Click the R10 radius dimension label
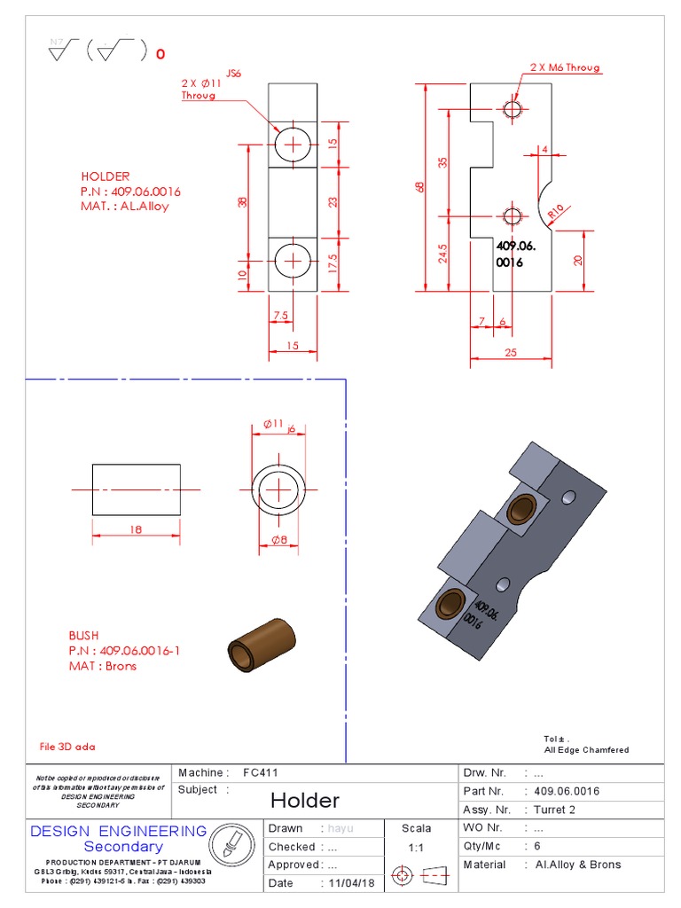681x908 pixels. click(556, 212)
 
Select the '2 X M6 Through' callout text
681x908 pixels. click(565, 67)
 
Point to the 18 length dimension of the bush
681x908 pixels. click(136, 529)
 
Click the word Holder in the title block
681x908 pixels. click(304, 801)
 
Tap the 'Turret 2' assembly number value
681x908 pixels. click(554, 810)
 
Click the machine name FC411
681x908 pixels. click(261, 772)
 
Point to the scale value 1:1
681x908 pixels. click(416, 847)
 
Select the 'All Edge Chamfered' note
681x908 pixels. click(586, 749)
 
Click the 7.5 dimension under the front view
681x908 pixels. click(280, 316)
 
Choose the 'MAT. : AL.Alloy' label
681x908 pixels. click(124, 206)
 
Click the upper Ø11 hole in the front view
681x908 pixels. click(293, 144)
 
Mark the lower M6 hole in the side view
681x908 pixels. click(513, 216)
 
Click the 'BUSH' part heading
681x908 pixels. click(83, 636)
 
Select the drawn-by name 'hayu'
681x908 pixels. click(341, 828)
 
